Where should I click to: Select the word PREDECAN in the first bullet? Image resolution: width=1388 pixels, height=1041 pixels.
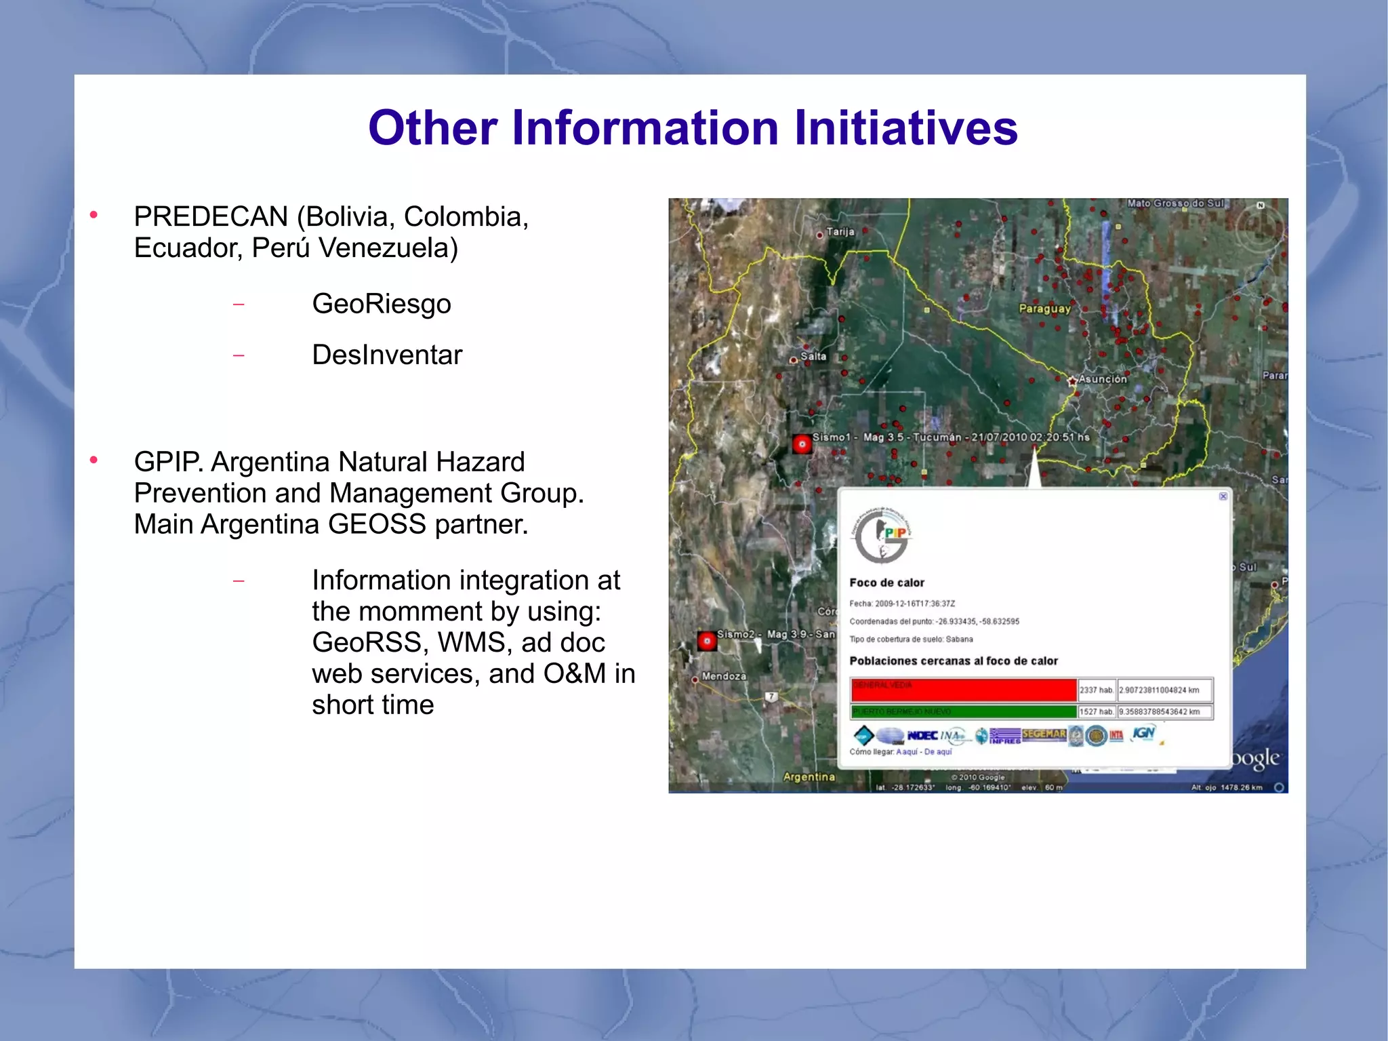211,217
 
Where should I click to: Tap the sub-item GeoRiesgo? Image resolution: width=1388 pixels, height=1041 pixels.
382,304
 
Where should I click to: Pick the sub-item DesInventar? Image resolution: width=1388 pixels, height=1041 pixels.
387,355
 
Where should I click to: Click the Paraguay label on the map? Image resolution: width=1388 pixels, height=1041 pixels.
1044,309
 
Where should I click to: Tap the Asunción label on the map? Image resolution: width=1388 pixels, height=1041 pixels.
1102,379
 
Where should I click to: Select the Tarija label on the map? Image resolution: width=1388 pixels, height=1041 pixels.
840,232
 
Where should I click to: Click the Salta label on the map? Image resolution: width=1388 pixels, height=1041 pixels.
813,357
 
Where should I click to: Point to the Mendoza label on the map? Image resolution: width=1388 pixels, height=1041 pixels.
724,676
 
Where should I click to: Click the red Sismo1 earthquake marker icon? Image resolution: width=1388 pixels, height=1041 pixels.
802,445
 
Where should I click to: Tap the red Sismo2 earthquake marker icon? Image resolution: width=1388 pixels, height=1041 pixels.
707,641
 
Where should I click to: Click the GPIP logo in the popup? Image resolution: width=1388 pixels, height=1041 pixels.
882,536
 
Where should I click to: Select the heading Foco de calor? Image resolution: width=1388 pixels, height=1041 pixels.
886,583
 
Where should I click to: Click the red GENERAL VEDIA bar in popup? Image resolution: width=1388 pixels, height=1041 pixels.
963,690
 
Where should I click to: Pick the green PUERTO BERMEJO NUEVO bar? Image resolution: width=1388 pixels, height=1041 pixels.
963,711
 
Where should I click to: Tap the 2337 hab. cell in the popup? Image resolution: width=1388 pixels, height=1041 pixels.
1096,690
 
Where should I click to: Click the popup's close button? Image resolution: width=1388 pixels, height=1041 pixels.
1223,496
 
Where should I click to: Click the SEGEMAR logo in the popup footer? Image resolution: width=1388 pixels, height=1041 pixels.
1044,734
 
